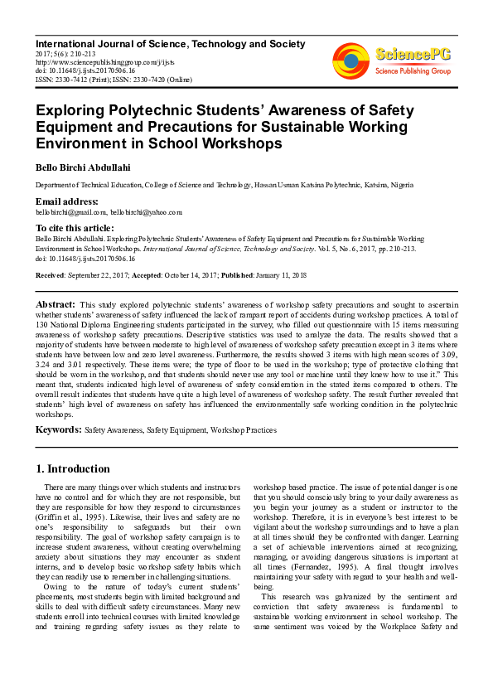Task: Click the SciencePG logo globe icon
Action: (x=350, y=61)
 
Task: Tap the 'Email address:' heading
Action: (x=66, y=202)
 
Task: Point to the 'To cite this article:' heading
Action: (x=75, y=228)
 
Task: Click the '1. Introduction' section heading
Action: (x=73, y=468)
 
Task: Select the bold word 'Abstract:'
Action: (x=56, y=305)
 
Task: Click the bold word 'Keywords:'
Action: (x=58, y=430)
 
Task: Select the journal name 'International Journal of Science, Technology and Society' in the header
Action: (x=170, y=44)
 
